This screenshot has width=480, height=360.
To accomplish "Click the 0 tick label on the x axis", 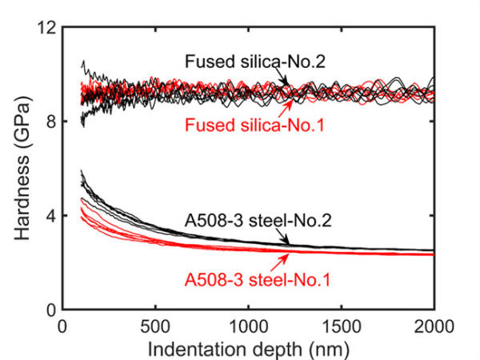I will pos(62,326).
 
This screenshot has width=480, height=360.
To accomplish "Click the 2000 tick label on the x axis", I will pos(434,326).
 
